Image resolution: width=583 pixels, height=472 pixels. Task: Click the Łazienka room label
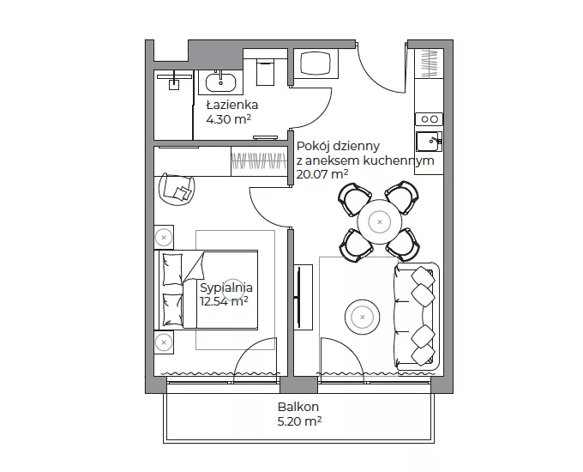232,105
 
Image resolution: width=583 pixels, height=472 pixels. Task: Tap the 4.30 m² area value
228,119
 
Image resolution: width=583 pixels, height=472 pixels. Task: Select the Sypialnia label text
226,287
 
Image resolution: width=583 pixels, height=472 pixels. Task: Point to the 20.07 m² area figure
322,174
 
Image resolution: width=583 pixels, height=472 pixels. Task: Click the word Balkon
298,407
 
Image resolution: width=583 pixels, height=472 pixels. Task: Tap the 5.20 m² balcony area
299,421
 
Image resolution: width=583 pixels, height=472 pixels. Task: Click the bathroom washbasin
221,82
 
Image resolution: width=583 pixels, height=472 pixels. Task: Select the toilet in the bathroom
265,72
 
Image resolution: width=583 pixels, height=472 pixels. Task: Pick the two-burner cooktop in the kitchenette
429,119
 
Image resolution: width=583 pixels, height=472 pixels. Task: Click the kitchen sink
429,142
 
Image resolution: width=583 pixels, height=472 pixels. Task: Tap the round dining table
379,222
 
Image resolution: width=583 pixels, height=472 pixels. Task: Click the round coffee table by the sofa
362,318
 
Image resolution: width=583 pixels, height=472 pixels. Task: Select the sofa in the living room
417,316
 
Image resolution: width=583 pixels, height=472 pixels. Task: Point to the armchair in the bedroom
177,189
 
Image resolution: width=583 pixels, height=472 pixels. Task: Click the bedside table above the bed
164,237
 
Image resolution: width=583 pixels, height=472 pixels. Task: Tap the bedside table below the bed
164,342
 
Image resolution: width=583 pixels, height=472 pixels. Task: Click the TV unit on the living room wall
303,297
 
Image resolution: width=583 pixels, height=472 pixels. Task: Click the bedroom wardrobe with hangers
259,161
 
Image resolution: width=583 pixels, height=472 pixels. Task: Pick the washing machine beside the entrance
316,64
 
